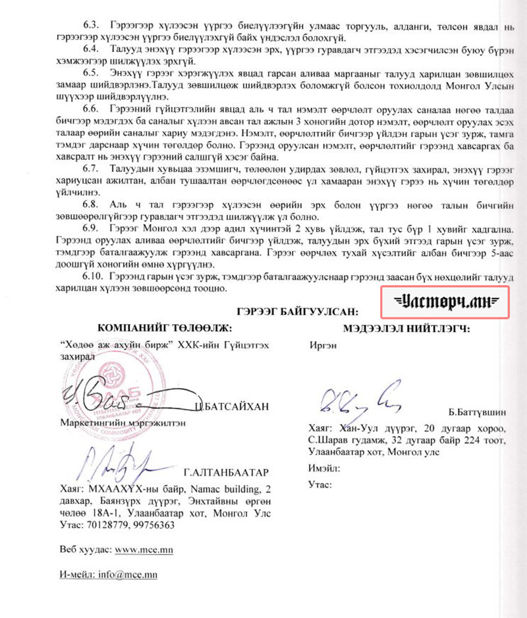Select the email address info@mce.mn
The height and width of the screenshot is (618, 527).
pos(128,575)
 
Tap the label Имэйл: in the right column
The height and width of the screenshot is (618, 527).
pos(323,468)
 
